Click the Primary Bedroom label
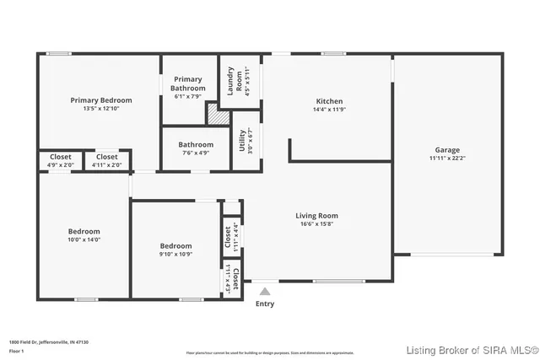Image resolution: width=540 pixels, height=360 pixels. (x=100, y=100)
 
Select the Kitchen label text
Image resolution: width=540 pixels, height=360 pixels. (x=328, y=101)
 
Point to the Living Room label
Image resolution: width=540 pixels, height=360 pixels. (x=316, y=216)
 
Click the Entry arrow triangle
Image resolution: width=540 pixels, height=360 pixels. (x=264, y=292)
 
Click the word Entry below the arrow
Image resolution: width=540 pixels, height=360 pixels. (x=264, y=304)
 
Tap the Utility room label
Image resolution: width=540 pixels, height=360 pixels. (x=242, y=139)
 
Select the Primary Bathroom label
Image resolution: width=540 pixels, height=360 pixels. (x=187, y=83)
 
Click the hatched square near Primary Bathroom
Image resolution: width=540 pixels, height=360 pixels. (x=219, y=115)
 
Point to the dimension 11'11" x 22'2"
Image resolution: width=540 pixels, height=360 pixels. (x=447, y=158)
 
